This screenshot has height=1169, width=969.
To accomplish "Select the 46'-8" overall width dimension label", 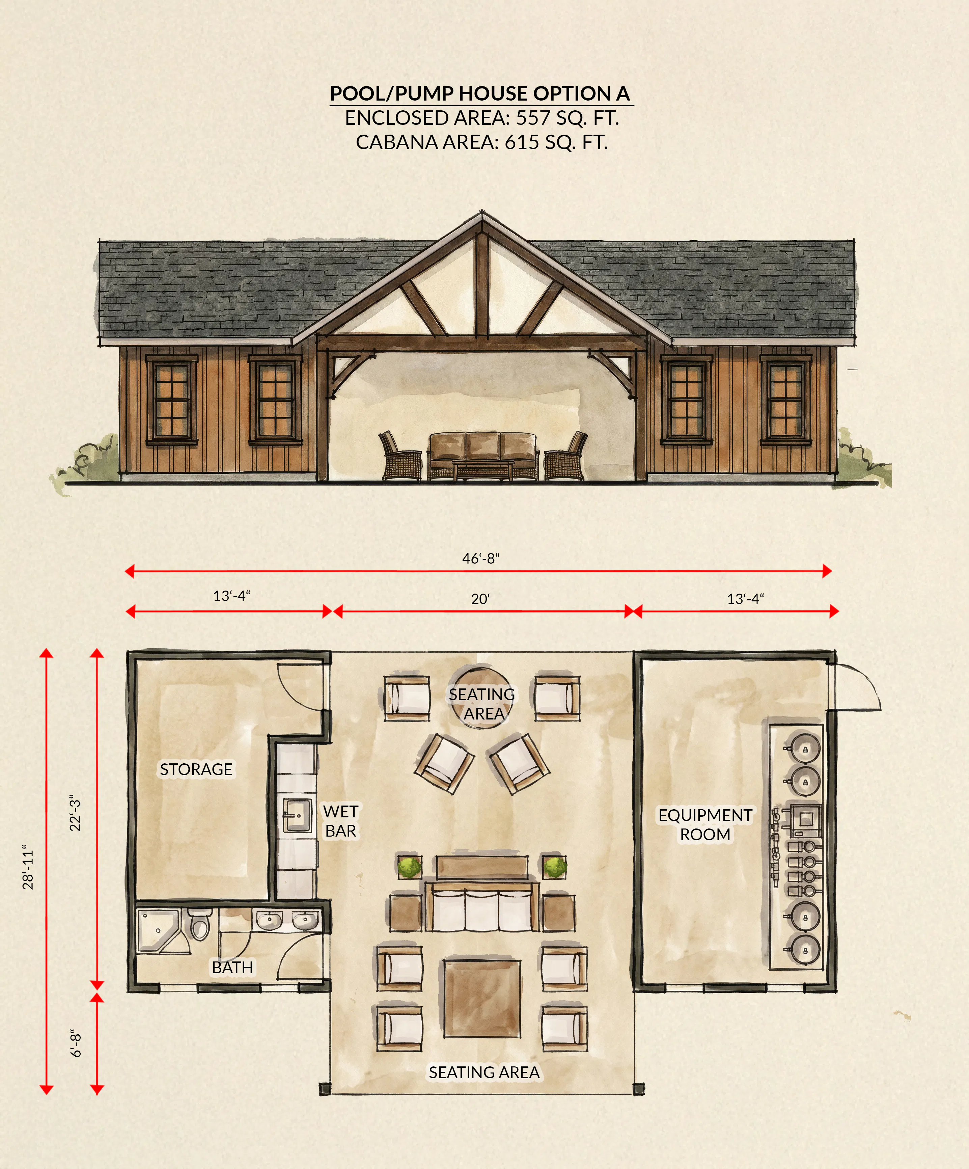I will (481, 558).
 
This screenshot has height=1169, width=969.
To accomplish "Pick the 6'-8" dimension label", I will (76, 1043).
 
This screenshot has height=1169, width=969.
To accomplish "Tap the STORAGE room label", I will (196, 769).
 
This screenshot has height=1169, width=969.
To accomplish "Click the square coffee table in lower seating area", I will (482, 998).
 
